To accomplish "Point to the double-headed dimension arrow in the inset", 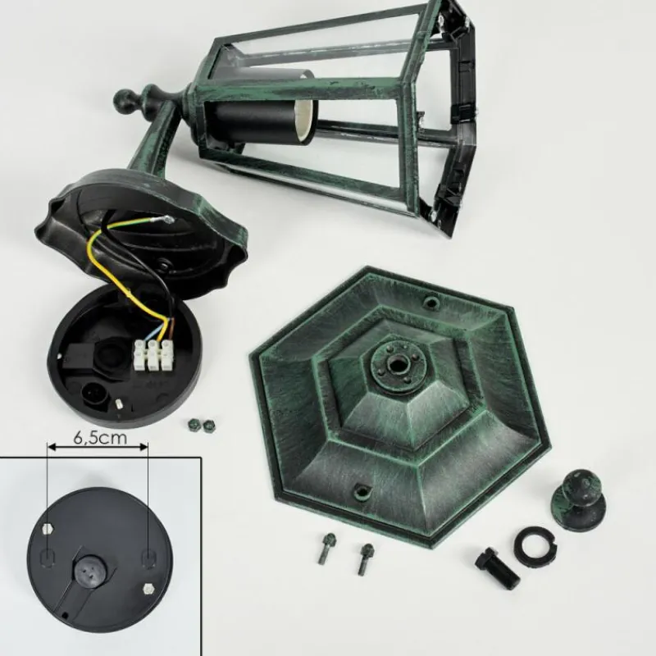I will coord(98,448).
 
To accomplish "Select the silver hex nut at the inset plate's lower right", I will coord(148,588).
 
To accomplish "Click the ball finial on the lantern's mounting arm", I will coord(130,103).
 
